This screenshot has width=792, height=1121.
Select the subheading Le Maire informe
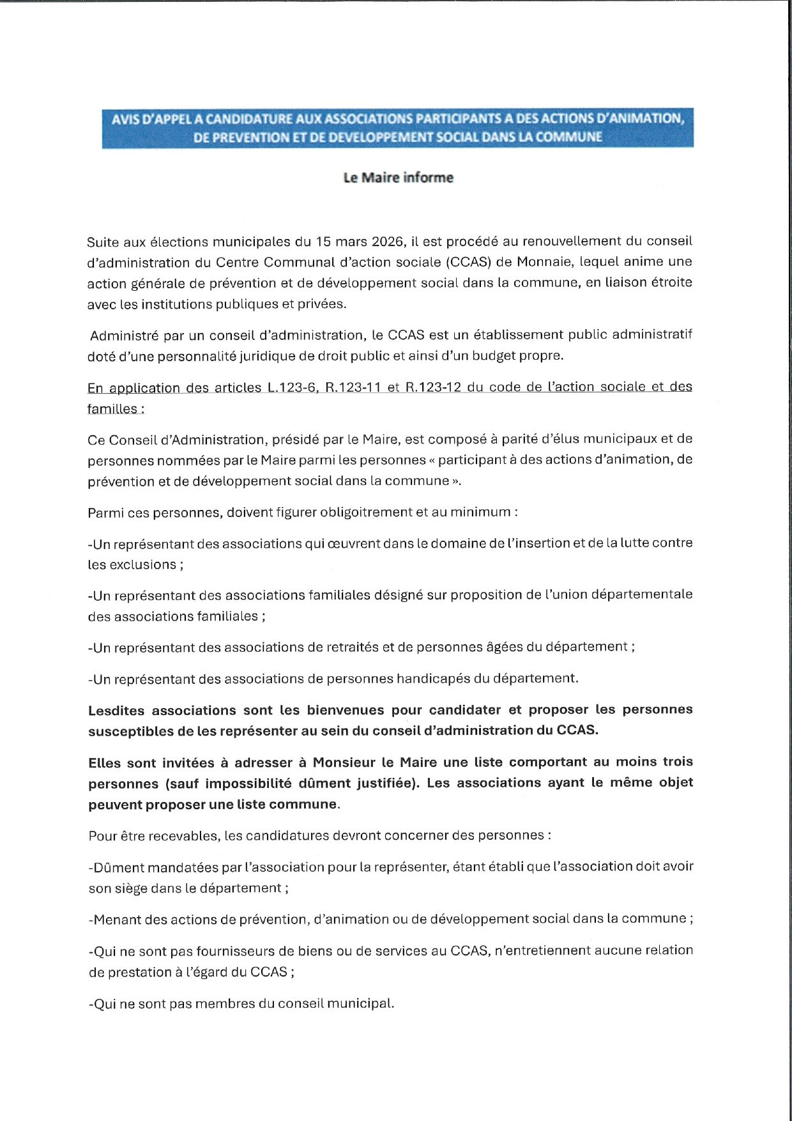(x=398, y=178)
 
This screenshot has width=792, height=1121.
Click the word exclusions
(x=142, y=564)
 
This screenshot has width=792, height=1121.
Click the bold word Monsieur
(x=342, y=762)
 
